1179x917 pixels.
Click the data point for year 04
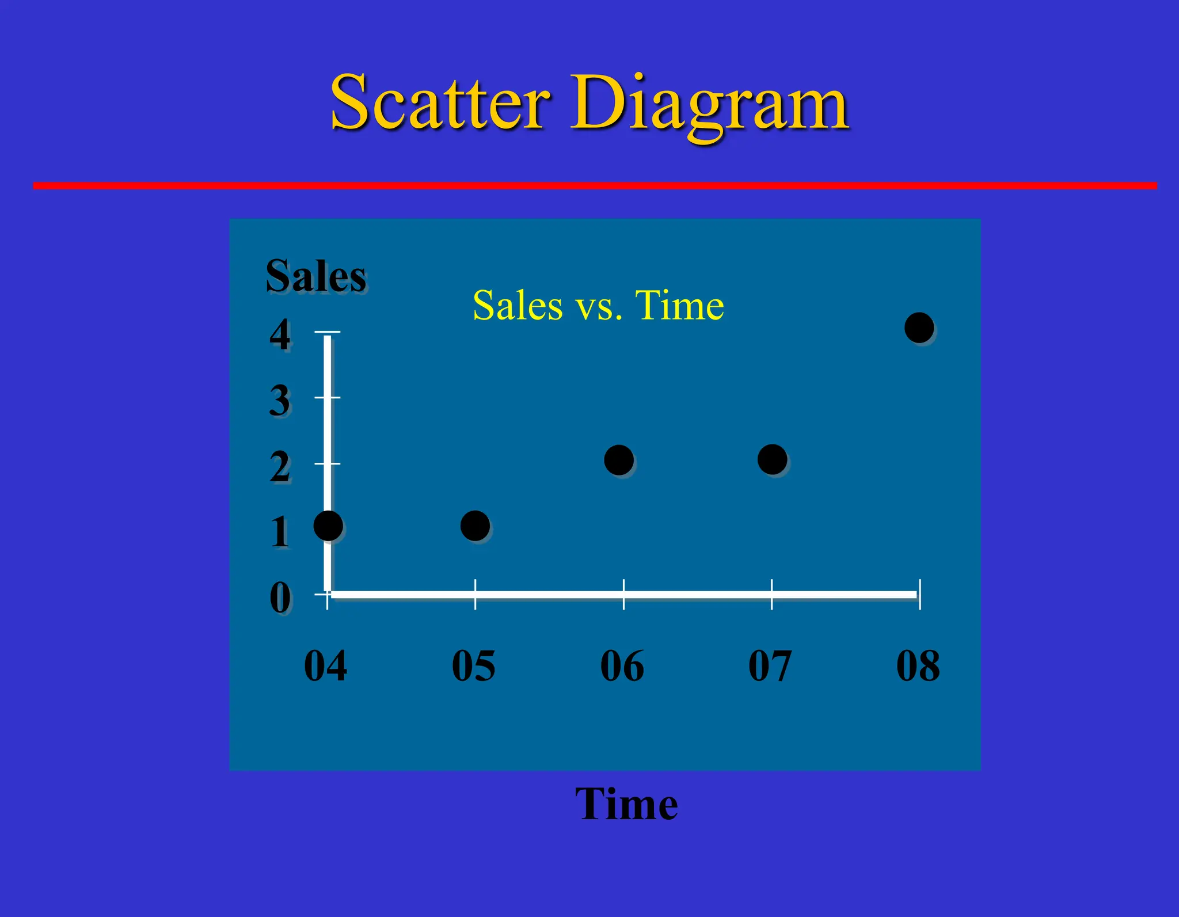click(328, 526)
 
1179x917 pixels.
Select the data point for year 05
click(475, 526)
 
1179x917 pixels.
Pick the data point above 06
click(619, 460)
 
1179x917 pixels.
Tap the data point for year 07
click(772, 459)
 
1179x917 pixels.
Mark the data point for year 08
click(919, 328)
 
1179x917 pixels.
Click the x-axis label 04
click(325, 666)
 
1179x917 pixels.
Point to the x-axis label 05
click(473, 666)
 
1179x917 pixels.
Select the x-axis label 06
click(622, 666)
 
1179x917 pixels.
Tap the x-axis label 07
click(770, 666)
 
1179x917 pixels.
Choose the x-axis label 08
click(918, 666)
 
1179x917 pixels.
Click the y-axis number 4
click(280, 334)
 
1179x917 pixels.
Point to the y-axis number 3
click(280, 401)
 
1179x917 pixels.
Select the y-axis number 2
click(280, 467)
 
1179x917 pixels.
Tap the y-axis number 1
click(280, 532)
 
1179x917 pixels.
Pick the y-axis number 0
click(280, 598)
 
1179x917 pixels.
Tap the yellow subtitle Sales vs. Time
click(598, 305)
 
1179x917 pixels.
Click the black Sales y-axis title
click(315, 276)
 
